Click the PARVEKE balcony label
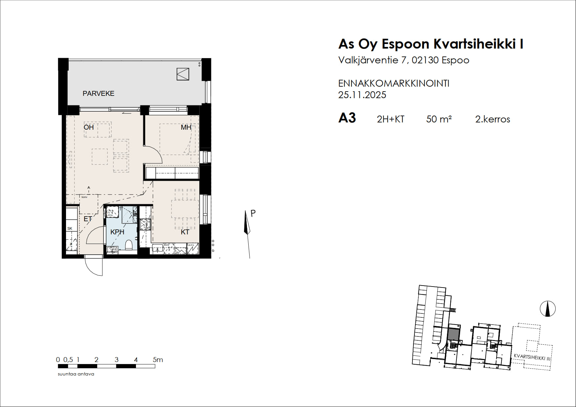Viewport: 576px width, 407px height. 98,94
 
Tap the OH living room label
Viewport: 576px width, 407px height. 89,127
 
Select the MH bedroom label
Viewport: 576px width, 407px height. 186,127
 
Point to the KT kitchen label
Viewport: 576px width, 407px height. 185,232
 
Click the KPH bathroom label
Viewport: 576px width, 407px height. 117,232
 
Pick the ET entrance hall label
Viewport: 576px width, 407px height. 88,219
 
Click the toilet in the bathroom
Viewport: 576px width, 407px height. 129,245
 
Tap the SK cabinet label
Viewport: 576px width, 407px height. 70,228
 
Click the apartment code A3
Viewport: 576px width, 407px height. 347,118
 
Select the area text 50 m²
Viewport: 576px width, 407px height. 439,119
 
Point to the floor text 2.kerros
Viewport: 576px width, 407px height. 492,119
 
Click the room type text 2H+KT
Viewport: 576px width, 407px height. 390,119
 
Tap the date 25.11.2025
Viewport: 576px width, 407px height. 362,95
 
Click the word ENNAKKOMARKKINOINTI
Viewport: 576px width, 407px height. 393,83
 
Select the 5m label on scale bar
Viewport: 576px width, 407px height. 158,360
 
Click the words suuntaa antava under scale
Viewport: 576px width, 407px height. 76,374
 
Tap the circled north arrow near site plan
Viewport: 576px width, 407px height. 547,309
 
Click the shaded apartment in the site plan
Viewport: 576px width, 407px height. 453,335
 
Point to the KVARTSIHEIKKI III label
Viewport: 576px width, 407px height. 532,357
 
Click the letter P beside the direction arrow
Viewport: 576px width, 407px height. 253,213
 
